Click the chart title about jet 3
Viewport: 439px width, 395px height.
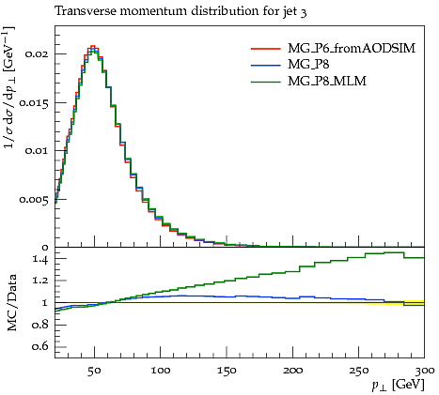pos(180,11)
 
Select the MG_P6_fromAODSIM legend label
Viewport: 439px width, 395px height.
pos(352,49)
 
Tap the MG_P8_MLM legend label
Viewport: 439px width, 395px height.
pos(327,82)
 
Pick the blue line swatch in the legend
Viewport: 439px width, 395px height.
pos(265,65)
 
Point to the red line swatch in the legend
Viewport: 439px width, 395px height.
pos(265,49)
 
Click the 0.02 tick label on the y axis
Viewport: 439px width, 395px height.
pos(37,54)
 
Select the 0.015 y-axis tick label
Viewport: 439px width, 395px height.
pos(34,103)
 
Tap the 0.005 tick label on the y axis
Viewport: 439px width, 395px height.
pos(34,199)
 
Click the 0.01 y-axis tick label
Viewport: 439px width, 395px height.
pos(37,151)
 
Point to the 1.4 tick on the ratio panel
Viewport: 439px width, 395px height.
pos(40,259)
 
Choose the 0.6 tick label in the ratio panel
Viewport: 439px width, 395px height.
pos(40,347)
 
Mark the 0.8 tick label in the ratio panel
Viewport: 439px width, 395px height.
pos(40,325)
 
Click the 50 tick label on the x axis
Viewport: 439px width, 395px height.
pos(94,371)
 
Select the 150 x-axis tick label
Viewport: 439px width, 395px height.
pos(227,371)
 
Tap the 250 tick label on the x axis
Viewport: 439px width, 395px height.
pos(359,371)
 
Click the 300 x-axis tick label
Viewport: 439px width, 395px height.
pos(425,371)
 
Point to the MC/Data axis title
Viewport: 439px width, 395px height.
pos(12,303)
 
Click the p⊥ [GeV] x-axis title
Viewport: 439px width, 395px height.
pos(398,385)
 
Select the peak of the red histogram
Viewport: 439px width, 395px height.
pos(92,46)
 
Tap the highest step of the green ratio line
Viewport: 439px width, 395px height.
pos(394,252)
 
